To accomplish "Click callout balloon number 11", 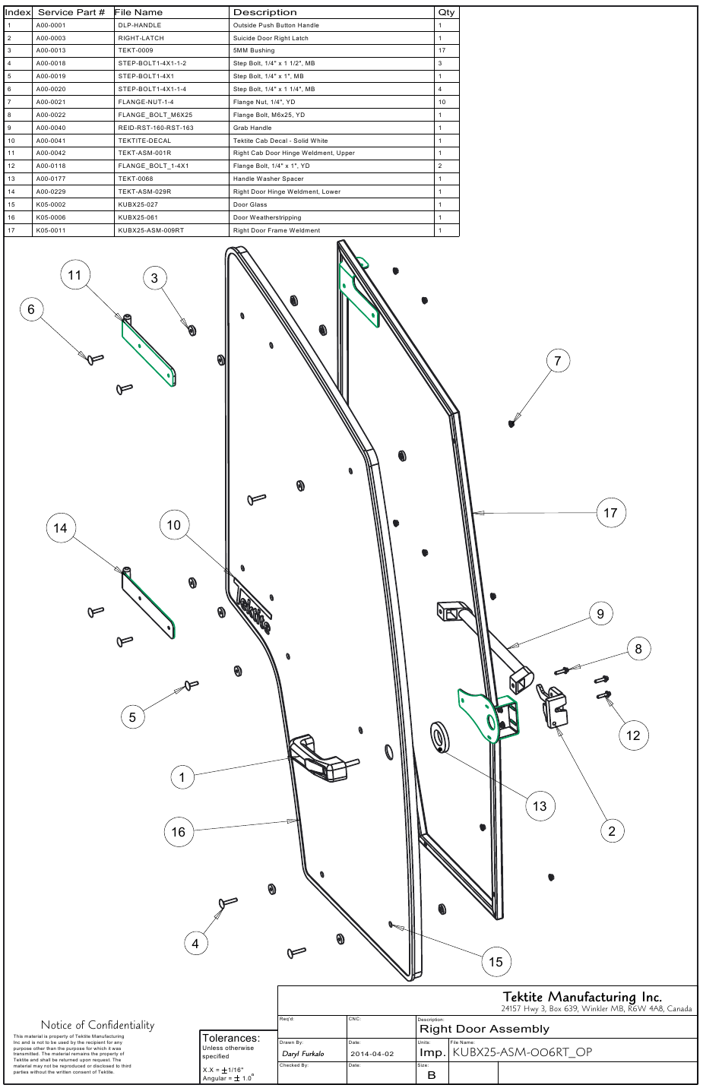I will pyautogui.click(x=74, y=275).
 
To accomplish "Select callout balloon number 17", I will pyautogui.click(x=610, y=513).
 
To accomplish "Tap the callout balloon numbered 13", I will pyautogui.click(x=539, y=806).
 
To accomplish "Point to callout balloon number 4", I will pyautogui.click(x=195, y=944).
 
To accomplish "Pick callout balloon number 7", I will pyautogui.click(x=557, y=361).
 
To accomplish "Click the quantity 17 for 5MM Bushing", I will pyautogui.click(x=442, y=50).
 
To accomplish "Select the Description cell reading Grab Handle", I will pyautogui.click(x=252, y=128).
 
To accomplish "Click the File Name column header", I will pyautogui.click(x=138, y=12).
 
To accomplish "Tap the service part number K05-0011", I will pyautogui.click(x=51, y=230).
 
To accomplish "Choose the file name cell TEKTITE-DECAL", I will pyautogui.click(x=144, y=141).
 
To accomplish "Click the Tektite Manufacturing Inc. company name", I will pyautogui.click(x=581, y=997).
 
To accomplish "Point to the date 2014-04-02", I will pyautogui.click(x=372, y=1054).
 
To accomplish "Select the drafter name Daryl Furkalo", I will pyautogui.click(x=302, y=1054).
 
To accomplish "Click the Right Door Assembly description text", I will pyautogui.click(x=484, y=1029).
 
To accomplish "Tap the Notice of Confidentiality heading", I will pyautogui.click(x=97, y=1025).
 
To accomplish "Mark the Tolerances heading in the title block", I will pyautogui.click(x=230, y=1038).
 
